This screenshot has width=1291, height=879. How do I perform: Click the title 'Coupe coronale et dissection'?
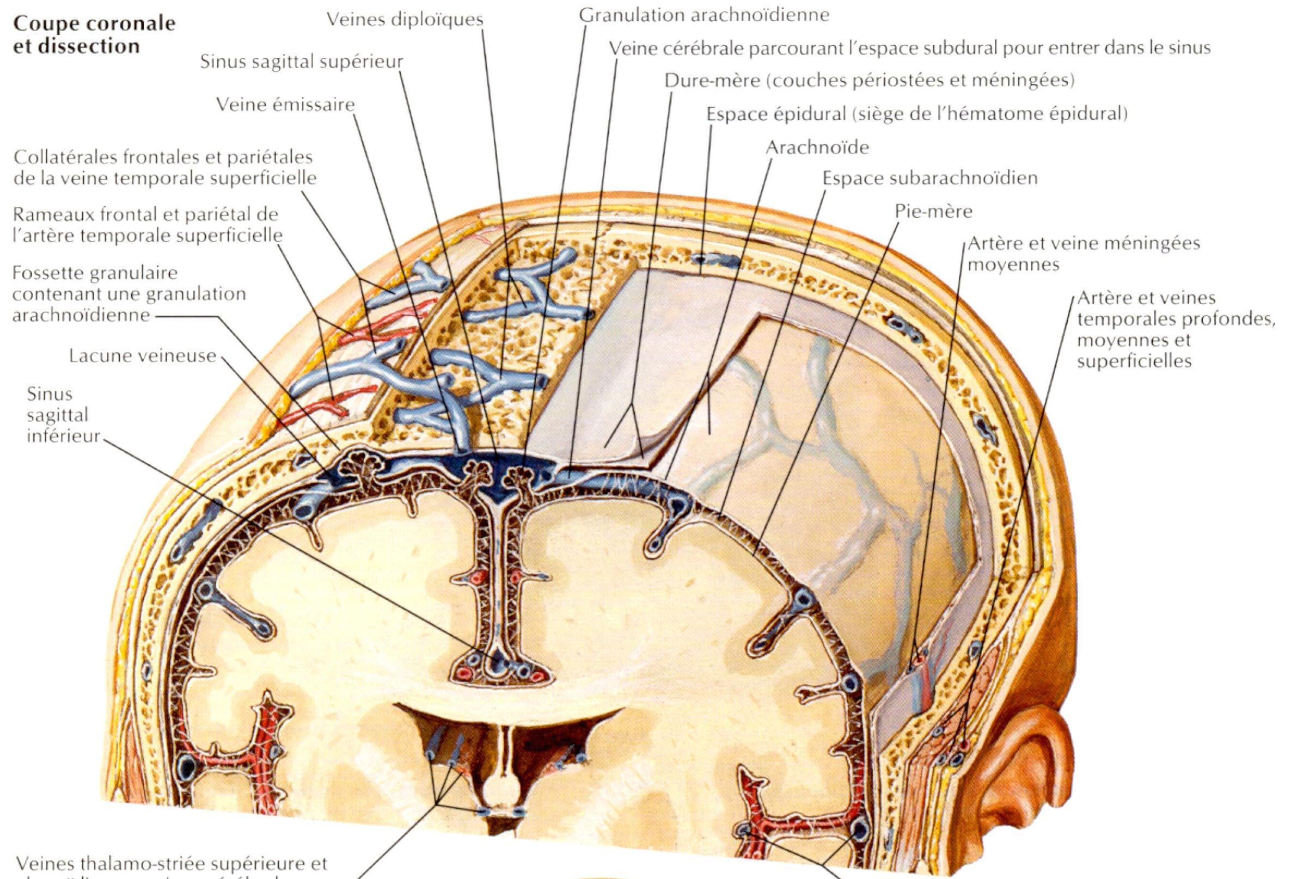(x=94, y=34)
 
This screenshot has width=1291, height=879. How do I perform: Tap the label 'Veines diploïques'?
(x=405, y=20)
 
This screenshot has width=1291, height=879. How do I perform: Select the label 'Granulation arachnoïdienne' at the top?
(x=704, y=15)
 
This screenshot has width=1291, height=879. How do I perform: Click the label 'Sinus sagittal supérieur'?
(x=301, y=62)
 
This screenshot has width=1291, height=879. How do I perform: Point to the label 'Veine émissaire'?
(x=285, y=105)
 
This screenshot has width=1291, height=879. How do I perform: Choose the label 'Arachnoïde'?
(x=817, y=147)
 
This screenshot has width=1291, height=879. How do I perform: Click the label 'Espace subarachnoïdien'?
(x=929, y=178)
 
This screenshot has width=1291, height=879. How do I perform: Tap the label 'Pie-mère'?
(x=933, y=212)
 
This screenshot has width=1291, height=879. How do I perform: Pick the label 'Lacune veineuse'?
(x=142, y=356)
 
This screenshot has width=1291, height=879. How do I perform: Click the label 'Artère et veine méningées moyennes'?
(x=1082, y=254)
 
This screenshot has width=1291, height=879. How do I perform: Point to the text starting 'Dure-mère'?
(x=870, y=81)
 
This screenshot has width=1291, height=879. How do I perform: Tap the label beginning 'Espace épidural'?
(x=916, y=114)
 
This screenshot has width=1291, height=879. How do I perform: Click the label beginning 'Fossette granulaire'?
(x=129, y=294)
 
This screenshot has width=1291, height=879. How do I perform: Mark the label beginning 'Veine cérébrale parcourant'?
(x=909, y=48)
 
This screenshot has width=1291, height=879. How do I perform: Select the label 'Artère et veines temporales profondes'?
(x=1174, y=329)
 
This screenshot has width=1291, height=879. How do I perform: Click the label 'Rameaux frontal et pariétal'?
(x=147, y=225)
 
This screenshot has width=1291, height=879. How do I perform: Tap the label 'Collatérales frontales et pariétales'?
(x=164, y=168)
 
